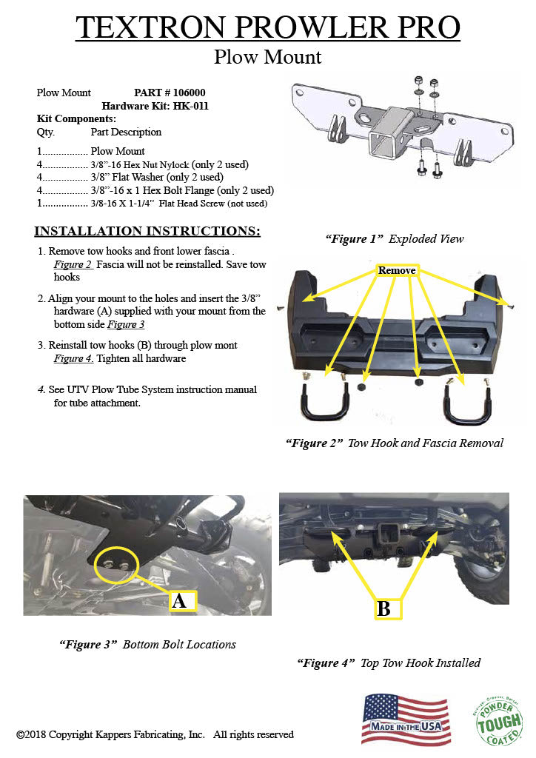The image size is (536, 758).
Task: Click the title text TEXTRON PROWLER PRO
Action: coord(268,27)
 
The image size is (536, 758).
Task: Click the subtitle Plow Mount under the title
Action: coord(268,57)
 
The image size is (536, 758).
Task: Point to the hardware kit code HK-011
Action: coord(191,106)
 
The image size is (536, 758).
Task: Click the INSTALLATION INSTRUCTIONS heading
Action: coord(147,231)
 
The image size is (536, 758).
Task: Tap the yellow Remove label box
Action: coord(397,271)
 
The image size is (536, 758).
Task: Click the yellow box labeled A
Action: coord(178,600)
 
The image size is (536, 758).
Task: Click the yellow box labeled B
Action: coord(383,608)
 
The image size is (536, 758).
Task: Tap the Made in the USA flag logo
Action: coord(405,720)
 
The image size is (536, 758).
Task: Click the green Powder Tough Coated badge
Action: coord(498,720)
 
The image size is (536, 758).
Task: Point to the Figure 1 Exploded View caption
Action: coord(395,239)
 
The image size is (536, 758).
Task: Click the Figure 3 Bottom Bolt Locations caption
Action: coord(147,644)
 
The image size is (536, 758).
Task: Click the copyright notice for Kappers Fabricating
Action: coord(155,734)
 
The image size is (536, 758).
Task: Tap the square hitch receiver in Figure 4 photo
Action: coord(387,531)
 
